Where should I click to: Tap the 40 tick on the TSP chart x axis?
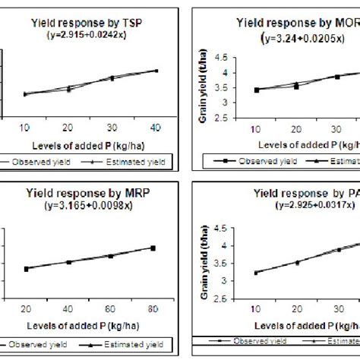(x=156, y=125)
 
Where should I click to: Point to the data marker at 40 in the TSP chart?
(x=156, y=71)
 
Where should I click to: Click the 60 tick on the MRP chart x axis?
(x=111, y=309)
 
